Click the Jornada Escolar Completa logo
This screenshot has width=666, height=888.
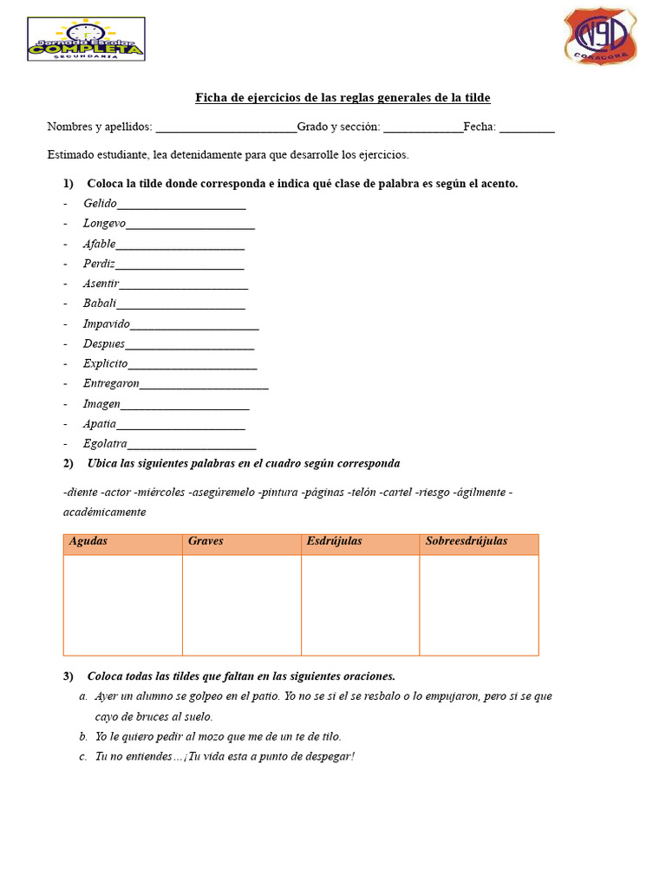86,39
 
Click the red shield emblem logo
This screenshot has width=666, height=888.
601,36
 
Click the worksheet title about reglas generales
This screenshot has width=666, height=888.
343,98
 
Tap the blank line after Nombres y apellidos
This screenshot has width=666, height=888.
225,127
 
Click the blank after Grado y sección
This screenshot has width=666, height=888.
423,127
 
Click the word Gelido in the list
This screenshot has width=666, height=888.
100,203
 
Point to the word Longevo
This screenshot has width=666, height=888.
104,223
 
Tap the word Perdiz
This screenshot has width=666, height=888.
99,264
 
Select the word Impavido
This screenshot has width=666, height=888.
106,323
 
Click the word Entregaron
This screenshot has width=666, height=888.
111,383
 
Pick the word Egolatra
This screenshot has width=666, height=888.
105,444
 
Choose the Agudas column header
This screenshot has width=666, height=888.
88,541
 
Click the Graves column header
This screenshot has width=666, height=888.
206,541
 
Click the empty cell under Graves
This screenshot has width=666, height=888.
241,604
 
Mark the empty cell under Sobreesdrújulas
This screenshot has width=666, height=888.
479,604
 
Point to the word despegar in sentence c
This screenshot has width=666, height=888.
330,756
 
